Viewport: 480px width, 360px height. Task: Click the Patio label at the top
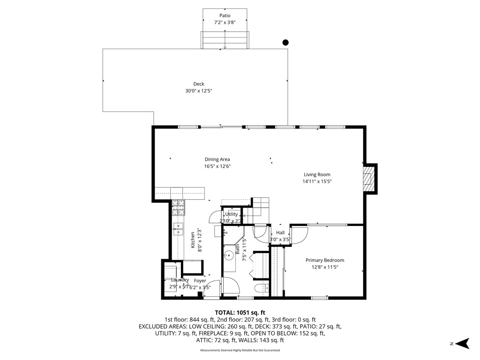(225, 15)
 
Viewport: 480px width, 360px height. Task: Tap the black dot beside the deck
(285, 43)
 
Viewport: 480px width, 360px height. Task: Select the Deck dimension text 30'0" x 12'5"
(199, 91)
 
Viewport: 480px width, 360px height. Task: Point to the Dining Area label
(217, 159)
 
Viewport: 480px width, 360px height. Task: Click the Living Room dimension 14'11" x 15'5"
(317, 181)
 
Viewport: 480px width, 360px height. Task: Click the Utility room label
(232, 214)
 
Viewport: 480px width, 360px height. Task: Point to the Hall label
(280, 232)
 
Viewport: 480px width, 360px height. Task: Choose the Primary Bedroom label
(325, 260)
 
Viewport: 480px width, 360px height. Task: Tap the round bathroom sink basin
(229, 256)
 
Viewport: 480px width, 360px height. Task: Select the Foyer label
(200, 281)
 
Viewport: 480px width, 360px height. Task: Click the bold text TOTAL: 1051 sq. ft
(240, 312)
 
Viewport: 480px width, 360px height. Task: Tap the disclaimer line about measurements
(240, 350)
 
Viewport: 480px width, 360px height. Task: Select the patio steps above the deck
(225, 40)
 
